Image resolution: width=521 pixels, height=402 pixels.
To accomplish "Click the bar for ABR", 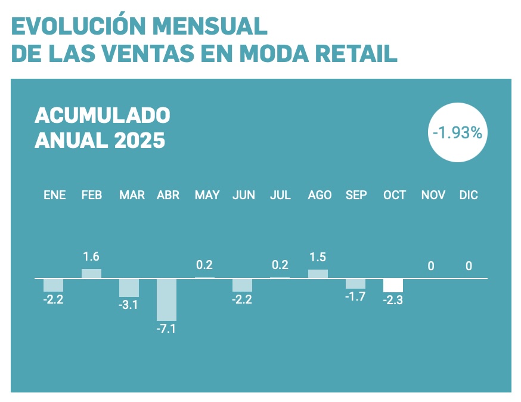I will [167, 299].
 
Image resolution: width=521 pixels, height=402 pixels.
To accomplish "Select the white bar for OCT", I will [393, 285].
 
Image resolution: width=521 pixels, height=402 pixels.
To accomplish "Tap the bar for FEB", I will [91, 274].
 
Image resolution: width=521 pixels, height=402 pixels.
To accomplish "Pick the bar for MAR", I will [129, 287].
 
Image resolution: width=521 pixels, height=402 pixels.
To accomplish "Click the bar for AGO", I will [318, 274].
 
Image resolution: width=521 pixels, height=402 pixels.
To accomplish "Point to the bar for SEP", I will [355, 284].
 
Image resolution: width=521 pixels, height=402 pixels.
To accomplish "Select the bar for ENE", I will [54, 285].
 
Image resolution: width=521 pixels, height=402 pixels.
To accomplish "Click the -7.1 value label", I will [167, 329].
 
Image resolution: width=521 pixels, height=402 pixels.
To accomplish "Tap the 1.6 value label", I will [91, 257].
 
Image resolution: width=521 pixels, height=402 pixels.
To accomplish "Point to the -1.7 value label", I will [355, 296].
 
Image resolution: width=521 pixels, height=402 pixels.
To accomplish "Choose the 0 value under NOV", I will [431, 266].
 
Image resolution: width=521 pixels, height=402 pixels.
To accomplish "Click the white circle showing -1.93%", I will [457, 133].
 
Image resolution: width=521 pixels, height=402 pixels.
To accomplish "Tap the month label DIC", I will [469, 195].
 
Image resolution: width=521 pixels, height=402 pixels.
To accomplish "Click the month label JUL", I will [280, 195].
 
